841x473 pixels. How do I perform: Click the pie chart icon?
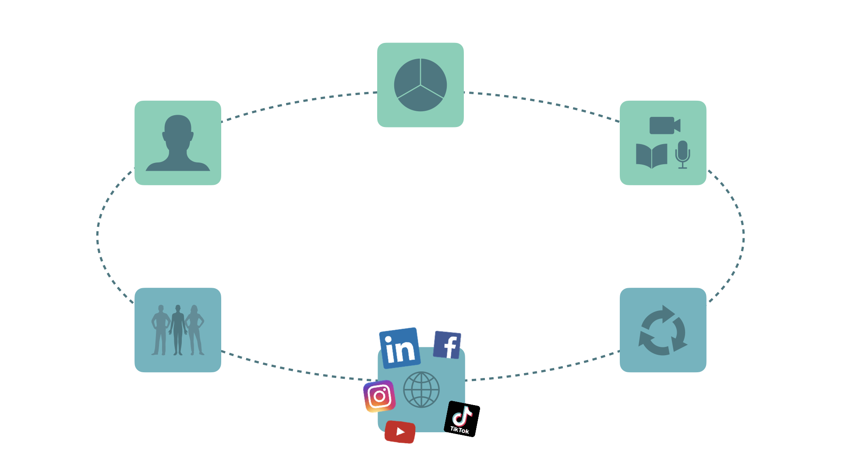[420, 85]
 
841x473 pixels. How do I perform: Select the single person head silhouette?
[178, 143]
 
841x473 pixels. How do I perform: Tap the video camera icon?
[664, 125]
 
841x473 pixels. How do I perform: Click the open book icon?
[651, 155]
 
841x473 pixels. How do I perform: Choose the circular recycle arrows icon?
[663, 330]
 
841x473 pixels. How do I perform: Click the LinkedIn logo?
[399, 348]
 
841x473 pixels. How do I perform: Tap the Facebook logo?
[447, 345]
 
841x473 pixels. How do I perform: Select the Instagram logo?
[379, 396]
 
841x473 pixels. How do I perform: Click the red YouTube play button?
[400, 432]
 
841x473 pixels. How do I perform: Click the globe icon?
[421, 389]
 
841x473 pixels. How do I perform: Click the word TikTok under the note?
[459, 430]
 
